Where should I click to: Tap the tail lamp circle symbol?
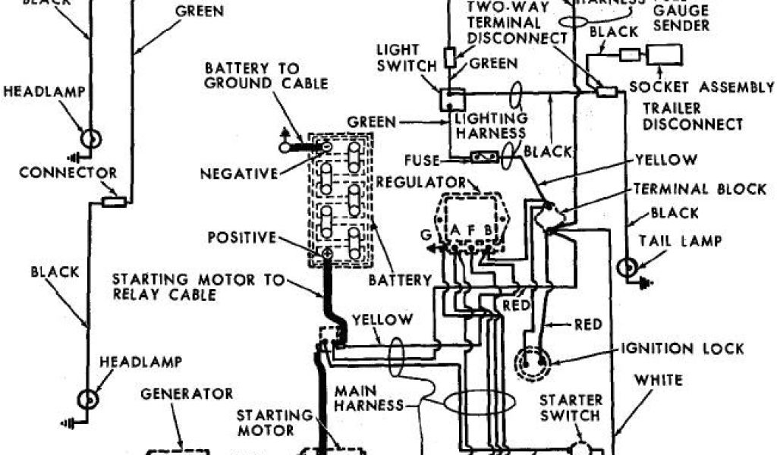coord(628,268)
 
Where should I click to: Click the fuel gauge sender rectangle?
coord(664,55)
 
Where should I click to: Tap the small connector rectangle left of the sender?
coord(629,55)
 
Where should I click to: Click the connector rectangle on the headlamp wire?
coord(114,202)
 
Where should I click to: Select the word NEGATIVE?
coord(240,174)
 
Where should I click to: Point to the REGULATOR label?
coord(429,182)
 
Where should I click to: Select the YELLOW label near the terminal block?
coord(666,159)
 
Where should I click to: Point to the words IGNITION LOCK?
coord(682,349)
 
